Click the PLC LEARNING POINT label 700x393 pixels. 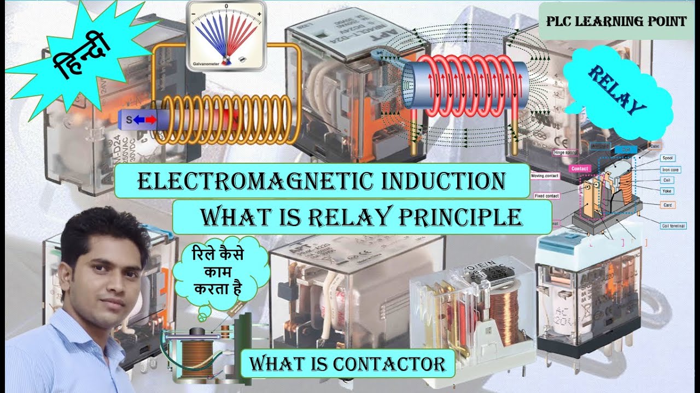tap(616, 22)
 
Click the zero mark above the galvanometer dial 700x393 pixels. tap(226, 6)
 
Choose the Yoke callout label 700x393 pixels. tap(668, 191)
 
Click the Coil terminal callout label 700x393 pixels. tap(673, 225)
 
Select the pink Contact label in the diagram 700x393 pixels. tap(579, 169)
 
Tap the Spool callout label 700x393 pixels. tap(668, 158)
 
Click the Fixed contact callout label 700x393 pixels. tap(546, 195)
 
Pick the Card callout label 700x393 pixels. tap(668, 205)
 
